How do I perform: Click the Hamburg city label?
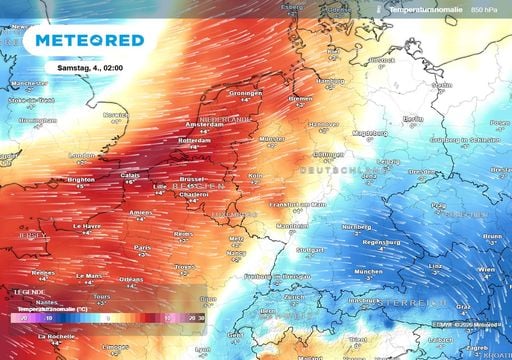330,80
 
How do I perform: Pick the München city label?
368,271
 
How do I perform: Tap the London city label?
81,155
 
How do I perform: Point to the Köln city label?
255,174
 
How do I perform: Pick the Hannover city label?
323,125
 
